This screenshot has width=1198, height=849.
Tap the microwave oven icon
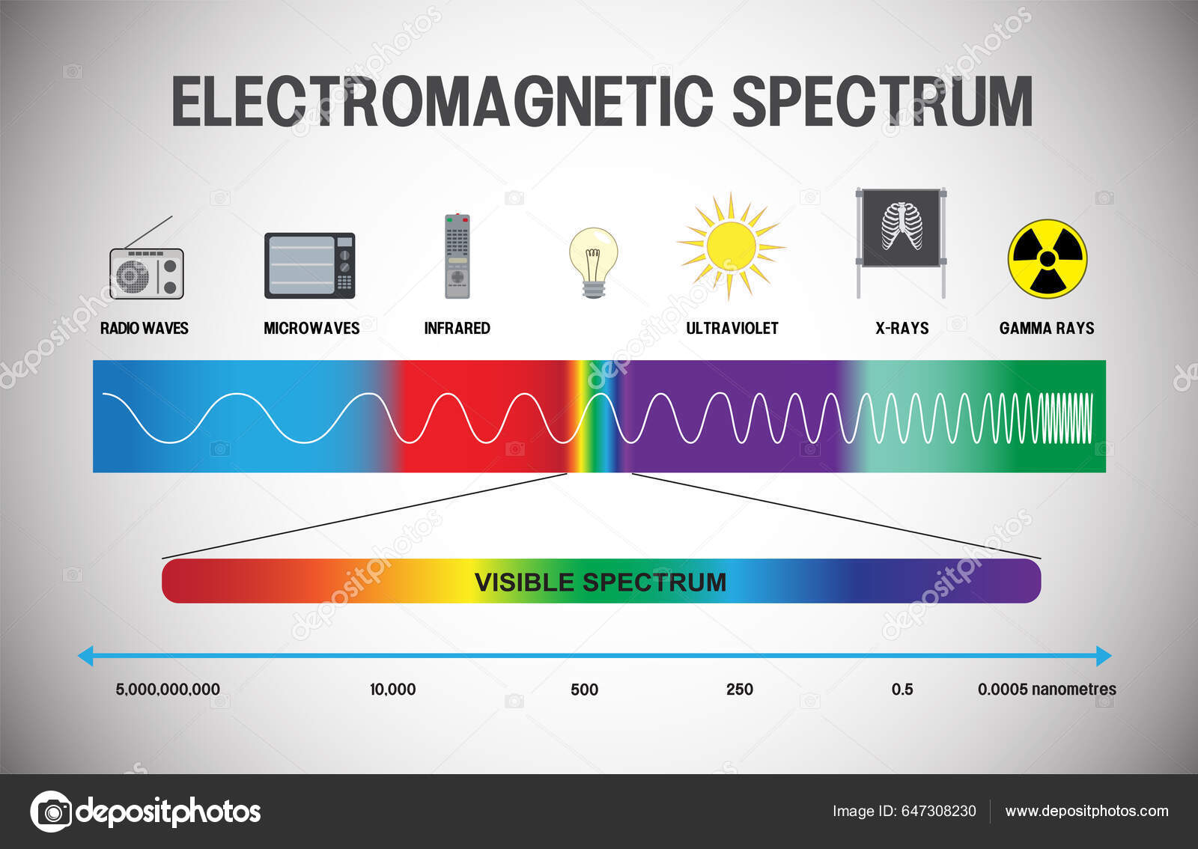[309, 265]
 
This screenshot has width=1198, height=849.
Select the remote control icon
[457, 256]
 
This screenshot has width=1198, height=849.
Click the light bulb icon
[593, 262]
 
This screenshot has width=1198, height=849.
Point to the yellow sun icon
[730, 245]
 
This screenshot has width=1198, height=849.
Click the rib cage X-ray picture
[901, 227]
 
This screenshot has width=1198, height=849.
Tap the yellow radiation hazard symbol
[1047, 258]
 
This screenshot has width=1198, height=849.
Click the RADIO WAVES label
[145, 328]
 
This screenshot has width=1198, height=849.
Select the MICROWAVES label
[311, 328]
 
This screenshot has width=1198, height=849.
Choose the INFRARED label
[457, 328]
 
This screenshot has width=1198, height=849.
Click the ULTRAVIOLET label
[732, 328]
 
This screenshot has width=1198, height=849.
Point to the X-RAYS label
[901, 328]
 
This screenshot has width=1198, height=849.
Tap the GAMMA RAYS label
[1046, 328]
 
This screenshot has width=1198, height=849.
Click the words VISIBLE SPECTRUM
[600, 582]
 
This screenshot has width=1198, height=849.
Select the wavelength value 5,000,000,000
[168, 690]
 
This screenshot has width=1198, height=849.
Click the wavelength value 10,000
[392, 690]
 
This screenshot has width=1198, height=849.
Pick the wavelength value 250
[739, 690]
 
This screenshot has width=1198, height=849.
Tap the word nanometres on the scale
[1073, 690]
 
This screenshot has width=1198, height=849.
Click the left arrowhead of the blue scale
[85, 656]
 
